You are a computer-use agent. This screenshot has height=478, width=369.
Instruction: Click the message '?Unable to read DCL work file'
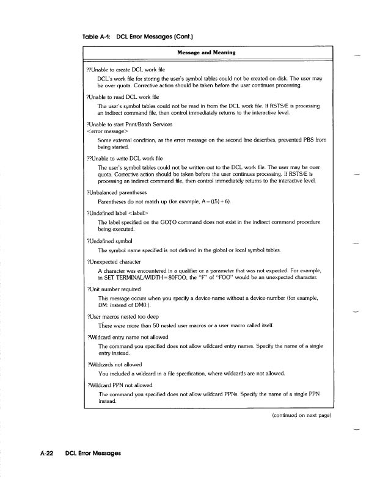point(120,97)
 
